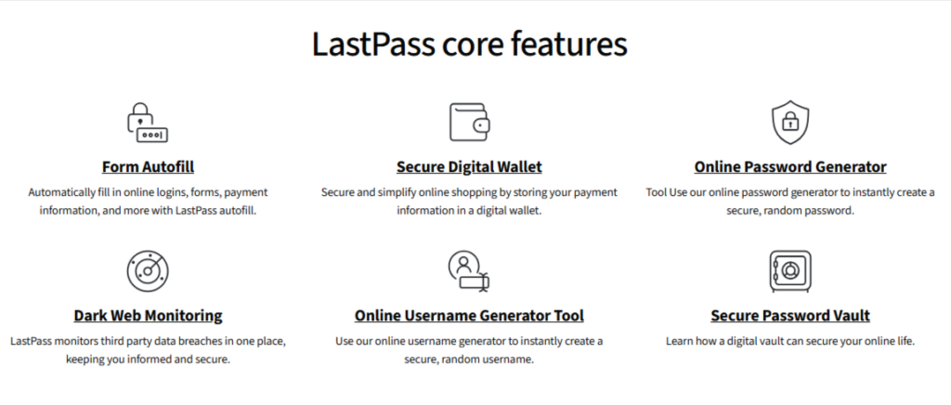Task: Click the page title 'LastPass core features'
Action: coord(469,45)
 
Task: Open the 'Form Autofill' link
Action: coord(148,166)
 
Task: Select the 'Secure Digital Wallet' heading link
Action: coord(469,166)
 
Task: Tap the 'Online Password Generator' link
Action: coord(790,166)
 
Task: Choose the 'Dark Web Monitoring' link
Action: coord(148,316)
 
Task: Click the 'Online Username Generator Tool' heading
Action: coord(469,316)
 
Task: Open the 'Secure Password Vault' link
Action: coord(790,316)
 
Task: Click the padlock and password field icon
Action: coord(148,123)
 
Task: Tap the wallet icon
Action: coord(469,123)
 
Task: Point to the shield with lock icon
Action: coord(790,123)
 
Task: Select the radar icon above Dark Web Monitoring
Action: coord(148,271)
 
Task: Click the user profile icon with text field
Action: coord(469,272)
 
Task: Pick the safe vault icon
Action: coord(790,271)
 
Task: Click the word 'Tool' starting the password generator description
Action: coord(657,193)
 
